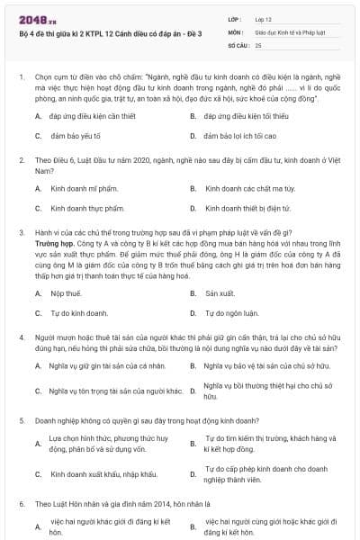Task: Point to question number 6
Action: coord(20,503)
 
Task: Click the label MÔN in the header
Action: coord(233,31)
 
